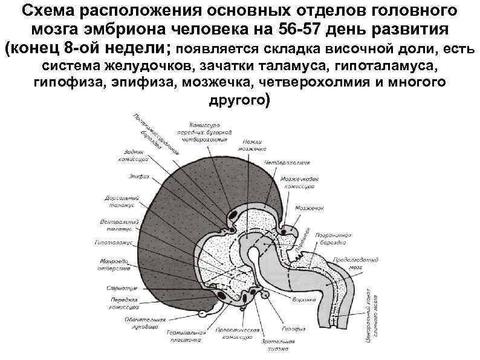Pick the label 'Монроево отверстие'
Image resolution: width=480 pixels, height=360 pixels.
point(113,264)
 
